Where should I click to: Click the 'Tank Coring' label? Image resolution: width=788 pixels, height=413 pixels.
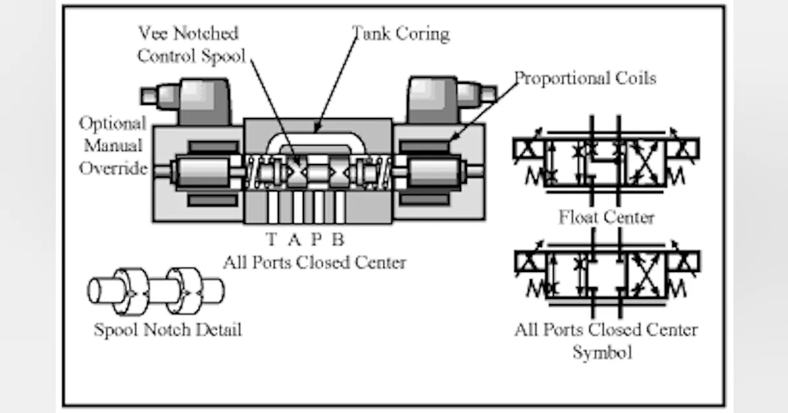[401, 33]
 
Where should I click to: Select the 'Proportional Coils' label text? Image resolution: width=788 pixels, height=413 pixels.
[584, 79]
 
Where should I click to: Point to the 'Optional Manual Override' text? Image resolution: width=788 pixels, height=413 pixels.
[112, 146]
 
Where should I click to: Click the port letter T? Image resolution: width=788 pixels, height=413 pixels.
[272, 238]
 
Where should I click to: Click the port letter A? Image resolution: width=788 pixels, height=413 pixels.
[294, 238]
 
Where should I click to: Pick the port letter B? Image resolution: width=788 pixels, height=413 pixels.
[338, 238]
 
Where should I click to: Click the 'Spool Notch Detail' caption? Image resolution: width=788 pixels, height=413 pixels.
[167, 329]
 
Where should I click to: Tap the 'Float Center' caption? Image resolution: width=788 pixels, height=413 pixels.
[606, 217]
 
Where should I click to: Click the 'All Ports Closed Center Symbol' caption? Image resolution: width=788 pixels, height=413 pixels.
[605, 340]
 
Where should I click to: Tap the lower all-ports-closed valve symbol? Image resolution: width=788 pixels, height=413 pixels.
[605, 274]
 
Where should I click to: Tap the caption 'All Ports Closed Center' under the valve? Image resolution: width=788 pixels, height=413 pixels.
[314, 263]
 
